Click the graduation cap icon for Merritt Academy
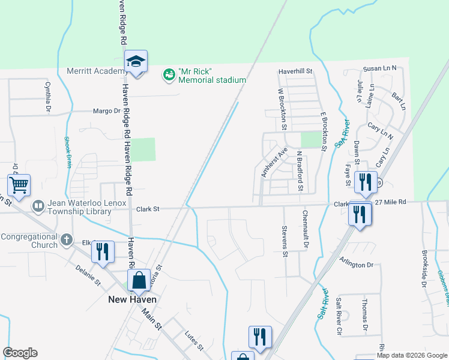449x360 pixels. [136, 61]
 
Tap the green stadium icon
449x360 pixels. [169, 75]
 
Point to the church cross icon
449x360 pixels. [67, 240]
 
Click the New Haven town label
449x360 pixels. [132, 299]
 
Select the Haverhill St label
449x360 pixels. [295, 71]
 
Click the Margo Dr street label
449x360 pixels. [107, 111]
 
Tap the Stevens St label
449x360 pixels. [284, 241]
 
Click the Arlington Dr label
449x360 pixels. [357, 265]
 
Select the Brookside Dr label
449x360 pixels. [424, 268]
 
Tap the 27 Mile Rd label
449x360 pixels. [391, 203]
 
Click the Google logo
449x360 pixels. [20, 353]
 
